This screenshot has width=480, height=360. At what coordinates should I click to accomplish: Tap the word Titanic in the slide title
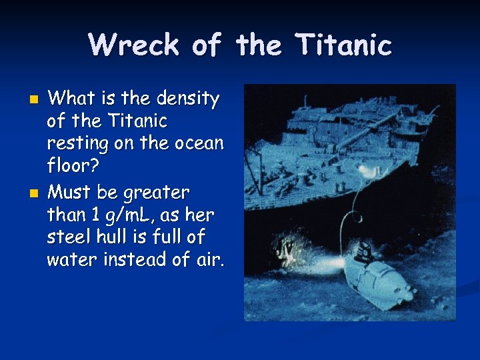coord(345,45)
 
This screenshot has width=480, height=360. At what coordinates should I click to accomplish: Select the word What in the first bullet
coord(71,99)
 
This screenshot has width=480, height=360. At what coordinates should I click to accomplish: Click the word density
coord(189,99)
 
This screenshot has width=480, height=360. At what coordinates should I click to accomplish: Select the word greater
coord(155,193)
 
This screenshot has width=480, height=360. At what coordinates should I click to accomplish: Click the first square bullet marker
coord(35,100)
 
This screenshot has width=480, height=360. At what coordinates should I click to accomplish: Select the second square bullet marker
coord(35,193)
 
